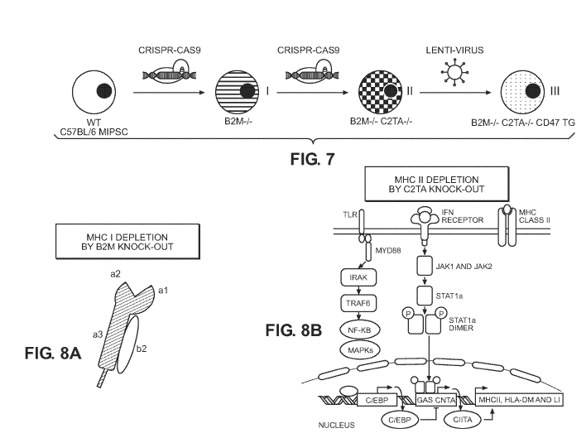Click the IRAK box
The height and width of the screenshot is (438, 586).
click(x=358, y=277)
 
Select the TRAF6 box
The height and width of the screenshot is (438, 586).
click(x=358, y=303)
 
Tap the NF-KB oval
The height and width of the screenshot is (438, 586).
click(x=360, y=330)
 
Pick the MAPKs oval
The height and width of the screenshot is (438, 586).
click(x=360, y=350)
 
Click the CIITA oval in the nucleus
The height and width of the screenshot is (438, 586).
click(x=463, y=420)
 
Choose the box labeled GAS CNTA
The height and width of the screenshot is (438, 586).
click(x=435, y=400)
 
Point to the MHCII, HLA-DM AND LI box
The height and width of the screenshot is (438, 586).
click(x=519, y=400)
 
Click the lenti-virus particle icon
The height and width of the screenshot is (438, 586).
click(x=455, y=72)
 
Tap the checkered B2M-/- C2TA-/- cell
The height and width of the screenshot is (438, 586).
click(x=381, y=92)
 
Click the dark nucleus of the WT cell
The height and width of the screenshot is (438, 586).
click(x=104, y=91)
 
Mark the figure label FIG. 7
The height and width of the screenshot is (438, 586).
click(x=312, y=159)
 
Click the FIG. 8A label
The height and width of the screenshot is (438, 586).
click(x=53, y=353)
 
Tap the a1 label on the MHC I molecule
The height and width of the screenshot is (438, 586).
click(x=163, y=290)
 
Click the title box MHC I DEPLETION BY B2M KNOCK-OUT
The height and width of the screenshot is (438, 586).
click(x=127, y=242)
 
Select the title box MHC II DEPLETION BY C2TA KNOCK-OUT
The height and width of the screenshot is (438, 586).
click(x=436, y=185)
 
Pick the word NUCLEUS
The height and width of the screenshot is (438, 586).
click(x=336, y=426)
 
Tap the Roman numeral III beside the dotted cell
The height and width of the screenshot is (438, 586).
click(x=555, y=91)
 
